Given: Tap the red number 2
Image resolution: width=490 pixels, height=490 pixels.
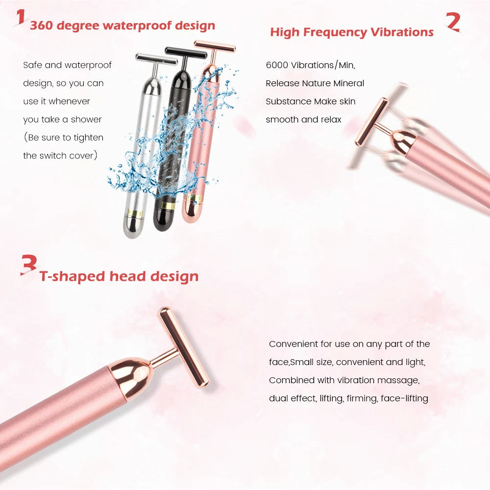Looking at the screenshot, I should click(x=453, y=22).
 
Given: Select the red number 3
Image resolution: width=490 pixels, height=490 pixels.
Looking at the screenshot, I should click(x=29, y=265).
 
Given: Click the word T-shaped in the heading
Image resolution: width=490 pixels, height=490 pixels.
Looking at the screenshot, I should click(x=72, y=276).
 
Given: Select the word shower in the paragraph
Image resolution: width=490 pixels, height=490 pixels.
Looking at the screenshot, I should click(x=86, y=120).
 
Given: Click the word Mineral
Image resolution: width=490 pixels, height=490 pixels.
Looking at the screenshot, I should click(x=349, y=83).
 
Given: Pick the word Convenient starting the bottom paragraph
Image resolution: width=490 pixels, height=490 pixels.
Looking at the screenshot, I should click(x=294, y=344).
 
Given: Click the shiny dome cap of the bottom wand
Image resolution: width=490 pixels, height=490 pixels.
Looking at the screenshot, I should click(x=131, y=376).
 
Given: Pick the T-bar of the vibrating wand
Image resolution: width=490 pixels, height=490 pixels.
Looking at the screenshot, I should click(x=371, y=122).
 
